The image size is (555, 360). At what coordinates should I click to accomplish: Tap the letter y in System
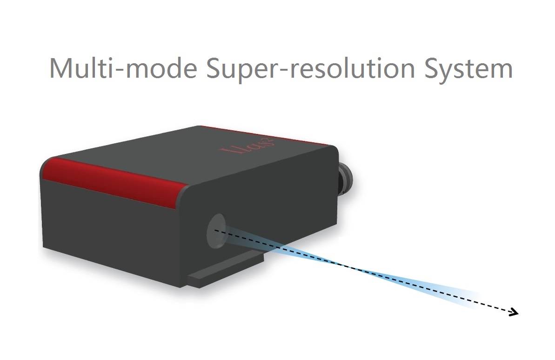tap(448, 72)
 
